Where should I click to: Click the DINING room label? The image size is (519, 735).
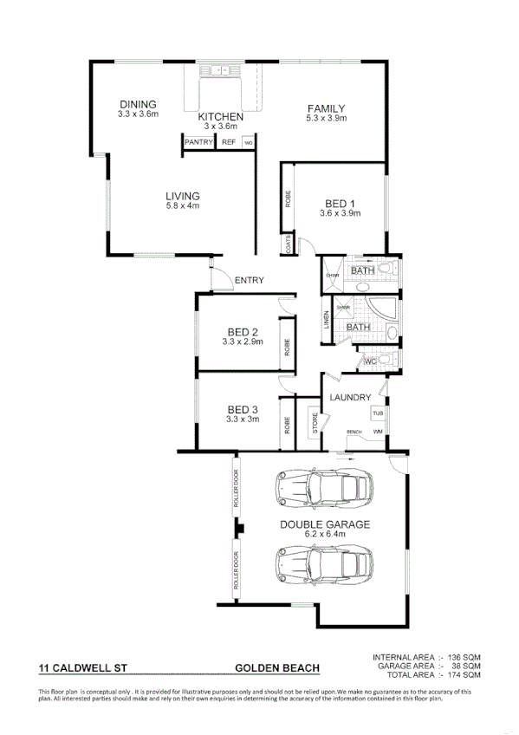(138, 104)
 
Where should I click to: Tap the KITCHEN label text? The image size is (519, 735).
(220, 117)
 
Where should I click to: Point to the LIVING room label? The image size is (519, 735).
(183, 196)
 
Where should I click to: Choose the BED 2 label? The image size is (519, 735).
(243, 332)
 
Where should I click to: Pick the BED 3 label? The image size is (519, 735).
(243, 410)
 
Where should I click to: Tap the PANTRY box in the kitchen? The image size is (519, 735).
(198, 142)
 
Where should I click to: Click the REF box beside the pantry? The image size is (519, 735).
(229, 142)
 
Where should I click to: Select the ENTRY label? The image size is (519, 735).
(249, 280)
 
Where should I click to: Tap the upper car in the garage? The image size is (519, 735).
(321, 490)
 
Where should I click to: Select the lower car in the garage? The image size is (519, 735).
(321, 564)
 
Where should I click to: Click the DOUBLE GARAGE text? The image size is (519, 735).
(324, 524)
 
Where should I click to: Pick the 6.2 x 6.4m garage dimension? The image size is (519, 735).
(324, 535)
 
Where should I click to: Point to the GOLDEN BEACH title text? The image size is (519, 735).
(277, 668)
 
